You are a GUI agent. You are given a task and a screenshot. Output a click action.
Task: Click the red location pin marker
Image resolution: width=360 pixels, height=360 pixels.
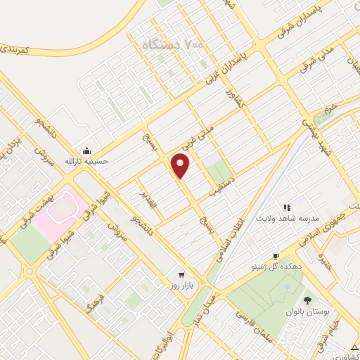pos(181,166)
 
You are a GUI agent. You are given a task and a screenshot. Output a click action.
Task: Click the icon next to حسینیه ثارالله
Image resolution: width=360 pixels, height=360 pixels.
pos(86,150)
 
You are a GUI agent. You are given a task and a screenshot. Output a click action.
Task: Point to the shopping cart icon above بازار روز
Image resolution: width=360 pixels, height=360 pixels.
pos(181,274)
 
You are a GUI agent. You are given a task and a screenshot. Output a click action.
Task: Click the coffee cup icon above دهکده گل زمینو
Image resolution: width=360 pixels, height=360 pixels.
pos(276,256)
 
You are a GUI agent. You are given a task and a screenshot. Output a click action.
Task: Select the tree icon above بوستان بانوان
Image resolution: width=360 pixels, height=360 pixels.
pos(307,300)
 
